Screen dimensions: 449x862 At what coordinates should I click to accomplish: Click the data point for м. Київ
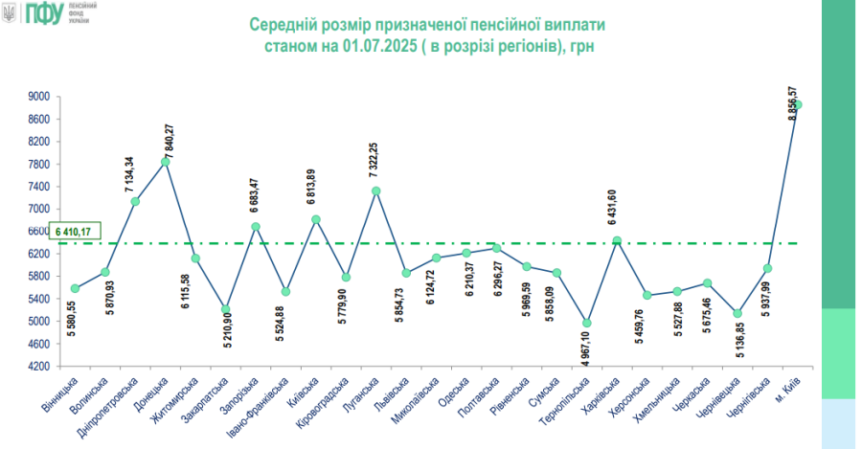[x=797, y=104]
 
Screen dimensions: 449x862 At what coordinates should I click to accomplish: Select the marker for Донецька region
[x=166, y=162]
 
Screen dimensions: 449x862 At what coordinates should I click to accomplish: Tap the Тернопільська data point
[x=587, y=323]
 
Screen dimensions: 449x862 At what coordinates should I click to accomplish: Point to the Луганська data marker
[x=376, y=191]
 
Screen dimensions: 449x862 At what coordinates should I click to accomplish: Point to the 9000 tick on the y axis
[x=38, y=97]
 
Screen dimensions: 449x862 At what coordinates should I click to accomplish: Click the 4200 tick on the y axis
[x=38, y=367]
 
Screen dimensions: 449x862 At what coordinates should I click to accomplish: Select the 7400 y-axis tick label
[x=38, y=187]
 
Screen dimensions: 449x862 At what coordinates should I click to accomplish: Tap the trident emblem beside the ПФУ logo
[x=10, y=14]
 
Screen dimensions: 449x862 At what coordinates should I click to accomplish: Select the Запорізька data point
[x=256, y=227]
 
